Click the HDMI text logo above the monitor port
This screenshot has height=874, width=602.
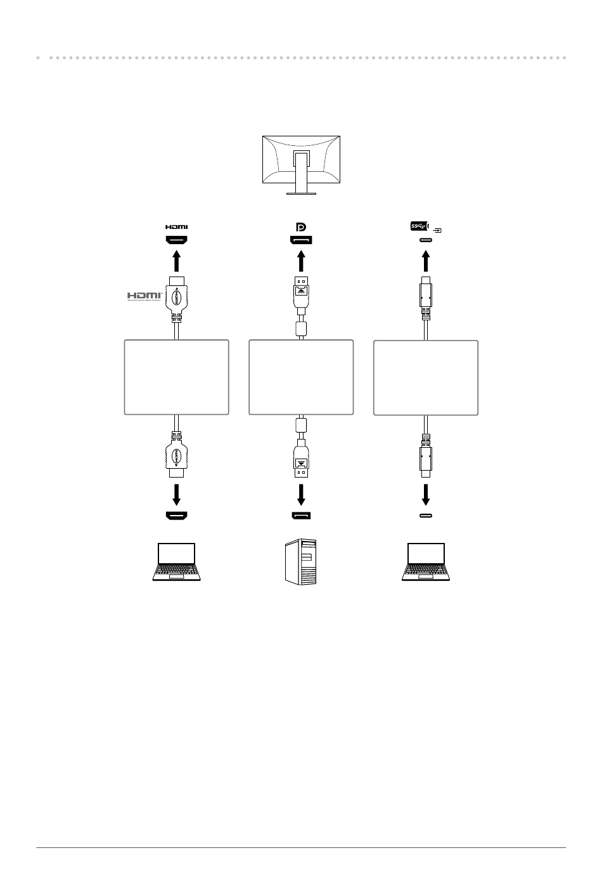pos(177,226)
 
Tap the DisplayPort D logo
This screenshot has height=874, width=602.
pos(301,226)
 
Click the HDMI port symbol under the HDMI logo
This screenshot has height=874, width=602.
pos(177,240)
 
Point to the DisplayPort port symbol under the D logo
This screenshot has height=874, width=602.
pos(301,240)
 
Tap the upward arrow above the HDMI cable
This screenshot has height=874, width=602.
pos(177,262)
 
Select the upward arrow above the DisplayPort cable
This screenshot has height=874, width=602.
pos(301,262)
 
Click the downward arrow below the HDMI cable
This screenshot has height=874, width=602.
pos(177,494)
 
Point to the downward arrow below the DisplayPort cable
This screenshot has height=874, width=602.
pos(301,494)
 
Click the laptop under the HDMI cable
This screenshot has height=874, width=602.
pos(177,561)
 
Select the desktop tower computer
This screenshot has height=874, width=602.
pos(300,561)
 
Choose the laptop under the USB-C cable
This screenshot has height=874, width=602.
pos(426,561)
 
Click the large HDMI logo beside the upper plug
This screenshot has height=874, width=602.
pos(144,296)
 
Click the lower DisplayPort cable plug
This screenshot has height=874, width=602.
pos(301,458)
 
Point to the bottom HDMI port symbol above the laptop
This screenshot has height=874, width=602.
pos(177,515)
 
